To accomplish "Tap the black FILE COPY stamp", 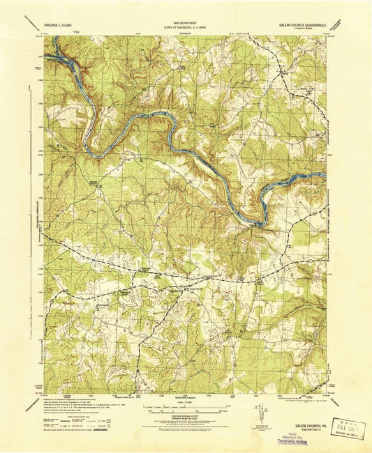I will click(346, 423).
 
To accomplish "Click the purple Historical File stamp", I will click(293, 437).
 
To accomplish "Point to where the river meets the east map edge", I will click(325, 174).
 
